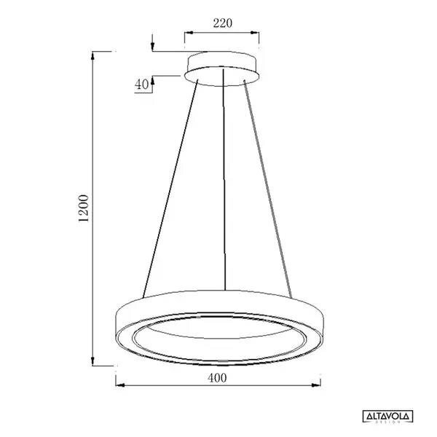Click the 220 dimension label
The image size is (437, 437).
222,23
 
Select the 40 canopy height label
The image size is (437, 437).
141,84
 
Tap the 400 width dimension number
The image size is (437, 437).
217,377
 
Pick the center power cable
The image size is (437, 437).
223,182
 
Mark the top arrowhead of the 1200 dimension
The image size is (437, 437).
92,55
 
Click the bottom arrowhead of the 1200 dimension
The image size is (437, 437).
92,364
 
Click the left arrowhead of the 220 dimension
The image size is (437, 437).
187,33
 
